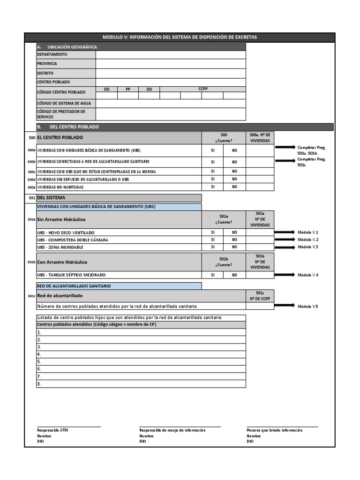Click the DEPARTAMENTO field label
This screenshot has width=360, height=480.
(52, 54)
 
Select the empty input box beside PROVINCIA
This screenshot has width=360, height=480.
(171, 64)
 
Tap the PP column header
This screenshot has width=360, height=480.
(128, 89)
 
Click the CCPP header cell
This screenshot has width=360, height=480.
(202, 89)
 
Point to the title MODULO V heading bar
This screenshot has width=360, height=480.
(180, 37)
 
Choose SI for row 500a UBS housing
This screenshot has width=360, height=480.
(213, 150)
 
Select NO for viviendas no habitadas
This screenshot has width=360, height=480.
(234, 187)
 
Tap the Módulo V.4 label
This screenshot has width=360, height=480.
(308, 275)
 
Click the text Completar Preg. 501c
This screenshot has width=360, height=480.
(311, 162)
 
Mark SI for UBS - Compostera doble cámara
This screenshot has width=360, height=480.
(213, 240)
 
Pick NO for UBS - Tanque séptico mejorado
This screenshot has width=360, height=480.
(234, 275)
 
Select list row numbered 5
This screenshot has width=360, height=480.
(141, 362)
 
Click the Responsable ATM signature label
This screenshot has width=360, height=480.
(52, 430)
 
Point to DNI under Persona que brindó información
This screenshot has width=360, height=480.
(250, 442)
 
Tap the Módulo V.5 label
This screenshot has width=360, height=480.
(308, 307)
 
